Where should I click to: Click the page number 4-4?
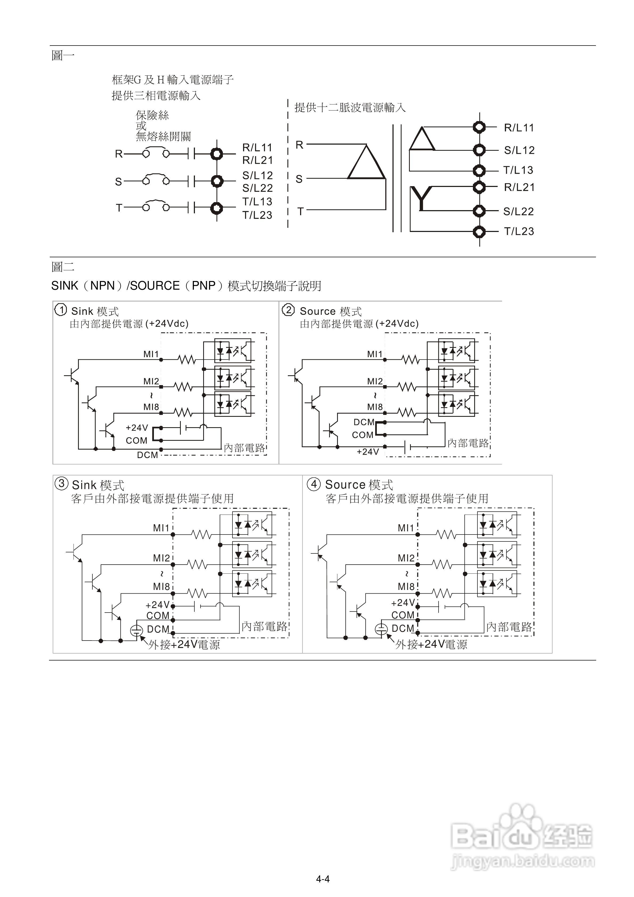(x=323, y=879)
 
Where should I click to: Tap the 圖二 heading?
(x=63, y=267)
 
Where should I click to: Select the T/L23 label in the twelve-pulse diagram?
(x=519, y=231)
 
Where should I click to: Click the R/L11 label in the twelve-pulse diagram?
(x=519, y=128)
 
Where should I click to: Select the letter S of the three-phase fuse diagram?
(x=118, y=182)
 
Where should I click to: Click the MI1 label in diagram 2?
(x=375, y=354)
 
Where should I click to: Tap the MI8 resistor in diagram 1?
(x=183, y=412)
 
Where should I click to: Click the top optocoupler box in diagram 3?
(x=252, y=525)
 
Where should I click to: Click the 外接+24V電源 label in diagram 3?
(x=184, y=645)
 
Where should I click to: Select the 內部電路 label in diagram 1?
(x=244, y=448)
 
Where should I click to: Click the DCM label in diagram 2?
(x=364, y=422)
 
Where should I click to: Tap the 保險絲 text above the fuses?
(x=152, y=115)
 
